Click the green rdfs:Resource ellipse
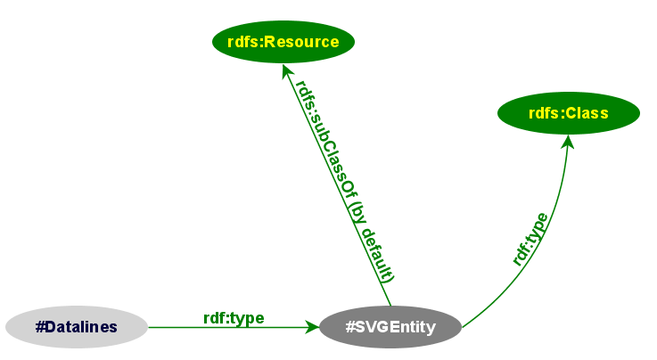(x=283, y=42)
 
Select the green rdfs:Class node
(x=569, y=113)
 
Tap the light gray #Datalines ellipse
(x=77, y=327)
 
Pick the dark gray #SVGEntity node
(x=390, y=327)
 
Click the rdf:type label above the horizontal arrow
(x=234, y=317)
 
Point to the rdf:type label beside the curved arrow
(x=530, y=238)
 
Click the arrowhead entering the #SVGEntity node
(x=312, y=327)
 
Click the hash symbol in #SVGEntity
(x=350, y=327)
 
